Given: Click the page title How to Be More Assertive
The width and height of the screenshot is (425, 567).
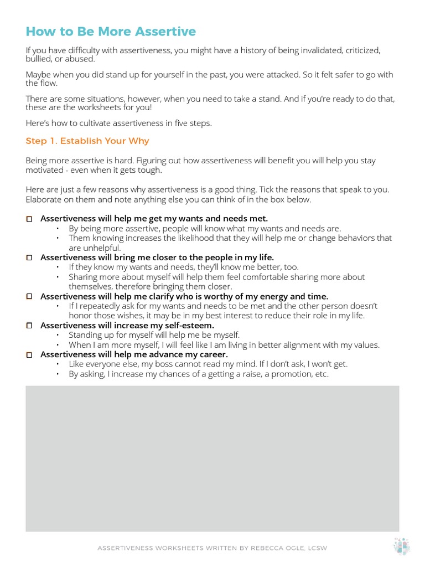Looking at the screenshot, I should (111, 32).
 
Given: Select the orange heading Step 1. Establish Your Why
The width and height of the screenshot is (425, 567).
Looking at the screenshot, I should (87, 141).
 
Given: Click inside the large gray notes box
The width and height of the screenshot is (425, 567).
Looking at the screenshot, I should (212, 458).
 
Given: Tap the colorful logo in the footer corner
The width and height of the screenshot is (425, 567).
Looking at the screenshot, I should (401, 547).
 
